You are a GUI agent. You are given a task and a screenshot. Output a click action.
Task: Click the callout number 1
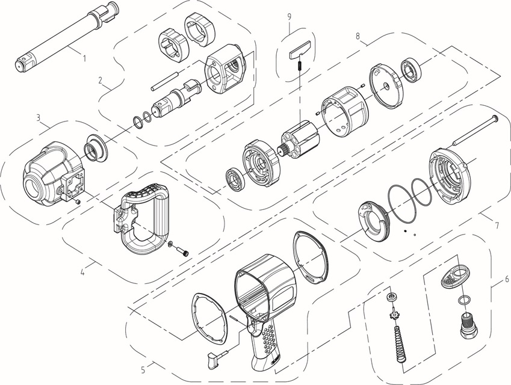[84, 58]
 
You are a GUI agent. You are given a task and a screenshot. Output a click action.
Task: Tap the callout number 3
[39, 117]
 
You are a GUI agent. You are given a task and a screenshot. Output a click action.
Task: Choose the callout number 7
[497, 226]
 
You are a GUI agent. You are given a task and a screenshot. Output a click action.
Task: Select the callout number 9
[290, 17]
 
